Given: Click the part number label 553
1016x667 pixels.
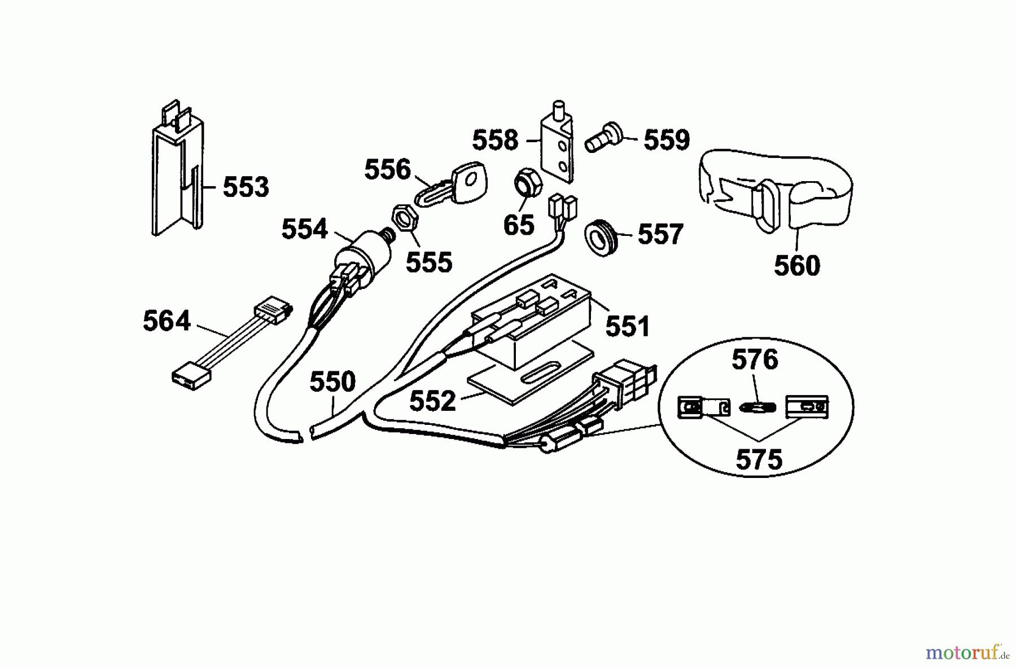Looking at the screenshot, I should point(246,187).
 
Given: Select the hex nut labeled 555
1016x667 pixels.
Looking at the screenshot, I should point(404,217).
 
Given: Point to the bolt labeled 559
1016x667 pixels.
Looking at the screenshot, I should point(605,138).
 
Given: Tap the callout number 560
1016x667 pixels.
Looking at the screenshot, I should point(796,265).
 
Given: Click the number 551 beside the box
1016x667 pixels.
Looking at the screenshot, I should point(628,326).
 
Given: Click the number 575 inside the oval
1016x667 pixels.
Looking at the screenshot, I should point(759,460).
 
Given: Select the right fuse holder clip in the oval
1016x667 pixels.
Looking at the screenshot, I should point(807,406).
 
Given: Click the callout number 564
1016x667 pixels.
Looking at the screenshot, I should point(167,321).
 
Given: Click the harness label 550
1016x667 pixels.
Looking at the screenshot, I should point(332,382).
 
